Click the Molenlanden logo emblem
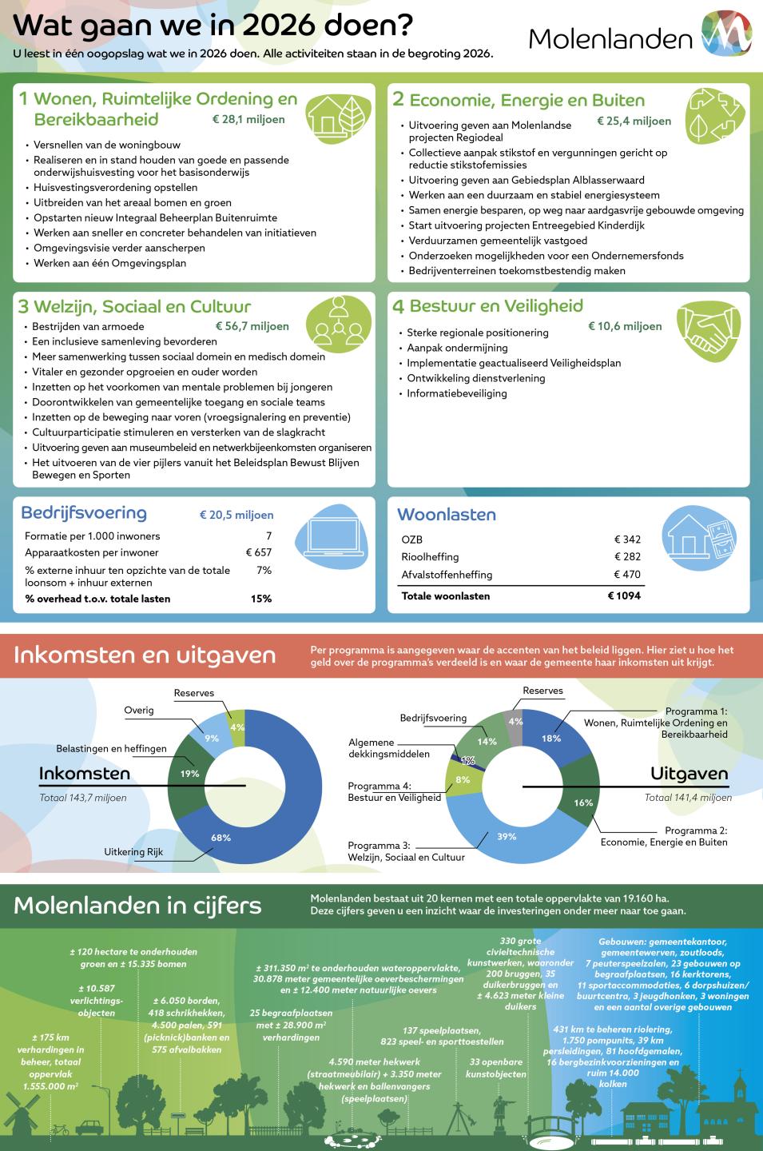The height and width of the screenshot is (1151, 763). tap(725, 34)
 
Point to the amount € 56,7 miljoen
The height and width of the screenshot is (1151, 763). tap(252, 326)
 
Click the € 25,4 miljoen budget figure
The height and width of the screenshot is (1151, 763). tap(634, 121)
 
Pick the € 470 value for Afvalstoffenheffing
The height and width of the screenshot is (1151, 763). tap(627, 574)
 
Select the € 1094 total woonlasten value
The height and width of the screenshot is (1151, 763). tap(624, 595)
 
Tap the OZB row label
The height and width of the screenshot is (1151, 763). tap(411, 540)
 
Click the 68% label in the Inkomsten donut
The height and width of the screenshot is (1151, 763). tap(221, 837)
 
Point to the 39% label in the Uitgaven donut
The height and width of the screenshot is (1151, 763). tap(506, 836)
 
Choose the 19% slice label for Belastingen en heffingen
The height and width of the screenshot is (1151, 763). tap(189, 774)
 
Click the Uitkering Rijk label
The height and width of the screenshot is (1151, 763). tap(133, 852)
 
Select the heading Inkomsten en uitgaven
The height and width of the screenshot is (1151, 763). tap(145, 655)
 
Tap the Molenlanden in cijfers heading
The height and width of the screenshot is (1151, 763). tap(137, 905)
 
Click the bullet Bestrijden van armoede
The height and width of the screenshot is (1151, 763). tap(88, 326)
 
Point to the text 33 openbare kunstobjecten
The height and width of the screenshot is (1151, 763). tap(496, 1068)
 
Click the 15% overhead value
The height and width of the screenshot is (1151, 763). tap(261, 599)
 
